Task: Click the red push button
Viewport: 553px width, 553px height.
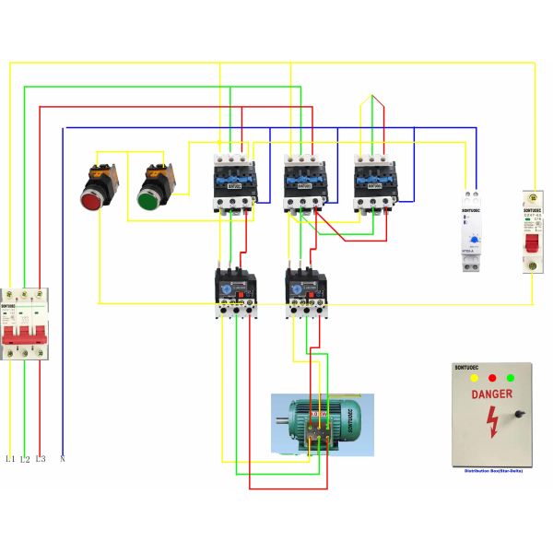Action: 93,197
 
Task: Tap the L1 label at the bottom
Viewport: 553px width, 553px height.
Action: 10,458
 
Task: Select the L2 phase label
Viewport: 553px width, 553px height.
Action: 25,458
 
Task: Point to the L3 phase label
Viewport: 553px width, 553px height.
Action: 40,458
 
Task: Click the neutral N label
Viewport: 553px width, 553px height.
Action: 62,458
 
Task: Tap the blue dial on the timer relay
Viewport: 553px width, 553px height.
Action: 474,241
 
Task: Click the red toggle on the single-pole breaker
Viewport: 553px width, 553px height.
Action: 532,243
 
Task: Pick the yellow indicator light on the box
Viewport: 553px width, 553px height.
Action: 474,377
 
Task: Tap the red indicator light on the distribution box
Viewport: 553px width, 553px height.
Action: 492,377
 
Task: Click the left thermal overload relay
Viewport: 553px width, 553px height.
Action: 235,290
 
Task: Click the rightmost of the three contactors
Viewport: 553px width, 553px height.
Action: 372,182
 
